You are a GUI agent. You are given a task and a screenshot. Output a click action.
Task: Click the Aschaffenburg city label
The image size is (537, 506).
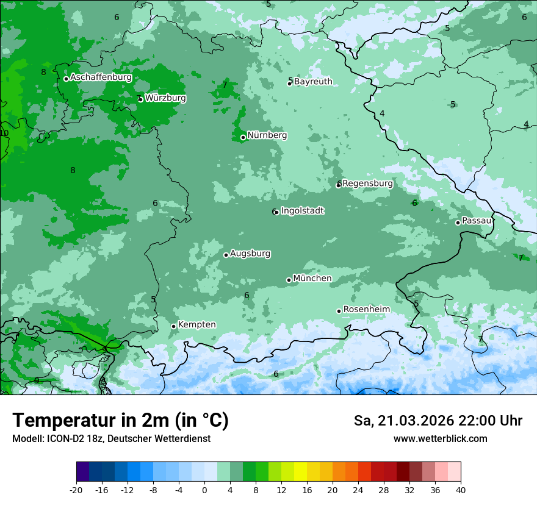[101, 77]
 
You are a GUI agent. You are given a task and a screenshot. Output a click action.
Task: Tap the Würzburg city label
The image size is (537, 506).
[165, 98]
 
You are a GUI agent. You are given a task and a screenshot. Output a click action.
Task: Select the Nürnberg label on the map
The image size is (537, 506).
[267, 135]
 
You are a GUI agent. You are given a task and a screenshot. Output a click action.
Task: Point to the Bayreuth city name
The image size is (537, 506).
[313, 82]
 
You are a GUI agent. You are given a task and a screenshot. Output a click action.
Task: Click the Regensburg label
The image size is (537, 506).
[367, 184]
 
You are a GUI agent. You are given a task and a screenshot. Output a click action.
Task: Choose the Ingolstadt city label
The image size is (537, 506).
[302, 211]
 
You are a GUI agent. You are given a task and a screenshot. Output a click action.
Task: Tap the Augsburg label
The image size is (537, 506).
[250, 254]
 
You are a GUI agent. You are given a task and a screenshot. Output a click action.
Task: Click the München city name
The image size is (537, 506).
[312, 279]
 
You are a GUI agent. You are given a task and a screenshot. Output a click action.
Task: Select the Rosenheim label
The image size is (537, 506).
[366, 310]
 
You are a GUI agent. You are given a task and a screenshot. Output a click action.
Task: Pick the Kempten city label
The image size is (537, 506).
[196, 325]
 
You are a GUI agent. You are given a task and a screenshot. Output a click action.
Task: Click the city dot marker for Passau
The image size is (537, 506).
[458, 223]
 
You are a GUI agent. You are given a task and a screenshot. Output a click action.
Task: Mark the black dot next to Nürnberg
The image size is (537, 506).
[243, 137]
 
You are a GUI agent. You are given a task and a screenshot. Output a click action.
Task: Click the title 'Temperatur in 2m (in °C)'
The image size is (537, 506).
[120, 421]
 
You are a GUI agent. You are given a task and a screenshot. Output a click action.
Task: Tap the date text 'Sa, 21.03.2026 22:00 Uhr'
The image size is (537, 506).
[438, 421]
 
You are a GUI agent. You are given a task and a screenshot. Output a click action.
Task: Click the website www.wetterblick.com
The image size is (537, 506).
[440, 439]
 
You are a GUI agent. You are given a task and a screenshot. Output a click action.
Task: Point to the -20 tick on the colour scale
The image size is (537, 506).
[76, 490]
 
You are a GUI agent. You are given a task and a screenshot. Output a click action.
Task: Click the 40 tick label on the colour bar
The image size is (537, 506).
[461, 490]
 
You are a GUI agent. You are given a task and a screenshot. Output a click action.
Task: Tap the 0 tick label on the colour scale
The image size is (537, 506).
[204, 490]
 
